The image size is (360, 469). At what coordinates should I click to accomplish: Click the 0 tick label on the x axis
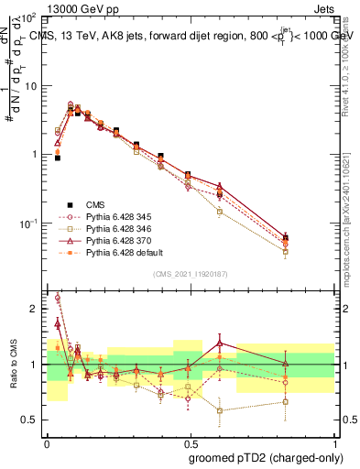click(47, 442)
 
